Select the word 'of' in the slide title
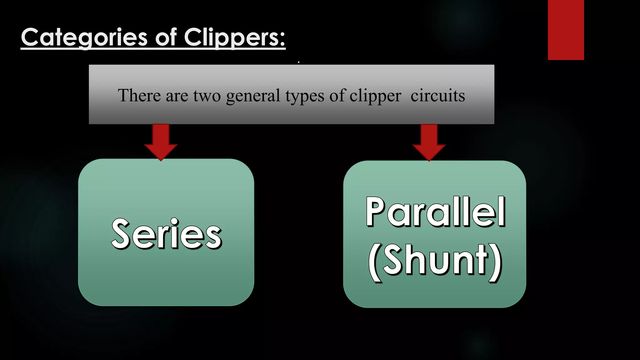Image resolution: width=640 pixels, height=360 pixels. (x=166, y=37)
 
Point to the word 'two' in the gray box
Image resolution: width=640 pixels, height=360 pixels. (x=207, y=96)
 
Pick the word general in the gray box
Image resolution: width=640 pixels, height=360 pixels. (x=253, y=96)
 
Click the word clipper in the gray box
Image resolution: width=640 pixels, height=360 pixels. (x=375, y=96)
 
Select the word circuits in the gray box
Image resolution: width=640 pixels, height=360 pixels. (x=437, y=96)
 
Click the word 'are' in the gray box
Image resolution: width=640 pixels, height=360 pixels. (x=177, y=96)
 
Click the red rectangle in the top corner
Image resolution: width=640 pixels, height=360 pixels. (x=566, y=30)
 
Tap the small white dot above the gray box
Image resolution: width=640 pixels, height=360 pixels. (x=299, y=62)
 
